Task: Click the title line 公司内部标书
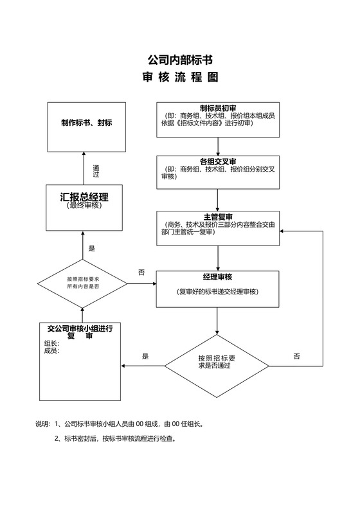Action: [179, 60]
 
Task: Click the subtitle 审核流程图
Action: [179, 77]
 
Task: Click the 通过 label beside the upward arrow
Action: [96, 171]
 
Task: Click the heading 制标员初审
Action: [218, 107]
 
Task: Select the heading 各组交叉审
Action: [218, 161]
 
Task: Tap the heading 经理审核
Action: [218, 277]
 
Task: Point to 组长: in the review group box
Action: [51, 343]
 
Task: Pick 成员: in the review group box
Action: [51, 351]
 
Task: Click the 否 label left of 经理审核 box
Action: [141, 272]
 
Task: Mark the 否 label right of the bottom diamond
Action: [296, 355]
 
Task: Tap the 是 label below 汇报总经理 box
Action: [91, 248]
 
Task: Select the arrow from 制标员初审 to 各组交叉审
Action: [218, 145]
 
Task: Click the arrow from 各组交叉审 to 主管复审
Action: [218, 200]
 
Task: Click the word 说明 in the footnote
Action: [42, 424]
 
